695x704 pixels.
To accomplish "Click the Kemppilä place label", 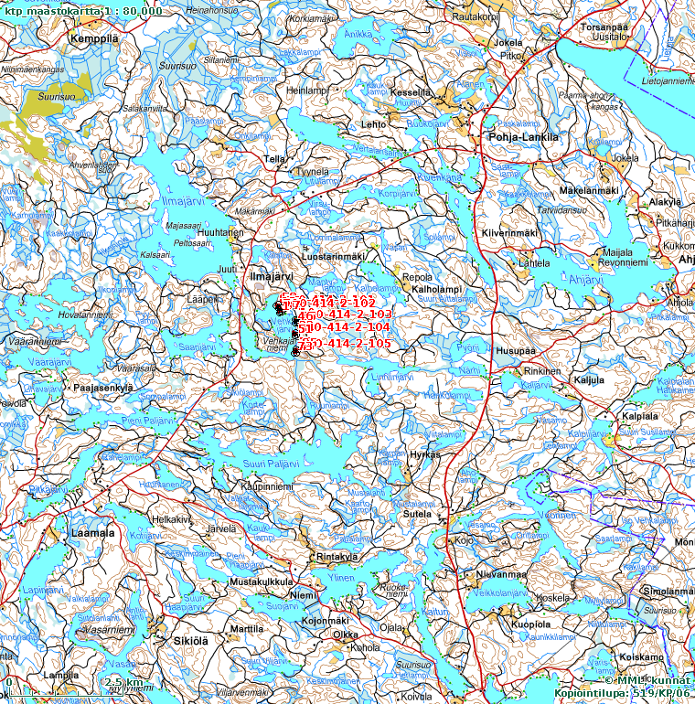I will pyautogui.click(x=95, y=40).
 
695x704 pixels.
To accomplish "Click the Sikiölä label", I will pyautogui.click(x=192, y=641).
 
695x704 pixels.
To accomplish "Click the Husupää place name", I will pyautogui.click(x=516, y=349).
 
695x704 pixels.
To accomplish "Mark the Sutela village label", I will pyautogui.click(x=417, y=515).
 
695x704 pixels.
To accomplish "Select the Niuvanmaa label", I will pyautogui.click(x=501, y=574).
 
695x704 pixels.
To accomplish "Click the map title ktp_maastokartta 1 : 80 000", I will pyautogui.click(x=83, y=10).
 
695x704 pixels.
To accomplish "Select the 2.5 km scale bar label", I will pyautogui.click(x=123, y=682).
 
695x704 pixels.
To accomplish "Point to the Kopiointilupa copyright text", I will pyautogui.click(x=622, y=693).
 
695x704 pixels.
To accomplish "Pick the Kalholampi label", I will pyautogui.click(x=437, y=289).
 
